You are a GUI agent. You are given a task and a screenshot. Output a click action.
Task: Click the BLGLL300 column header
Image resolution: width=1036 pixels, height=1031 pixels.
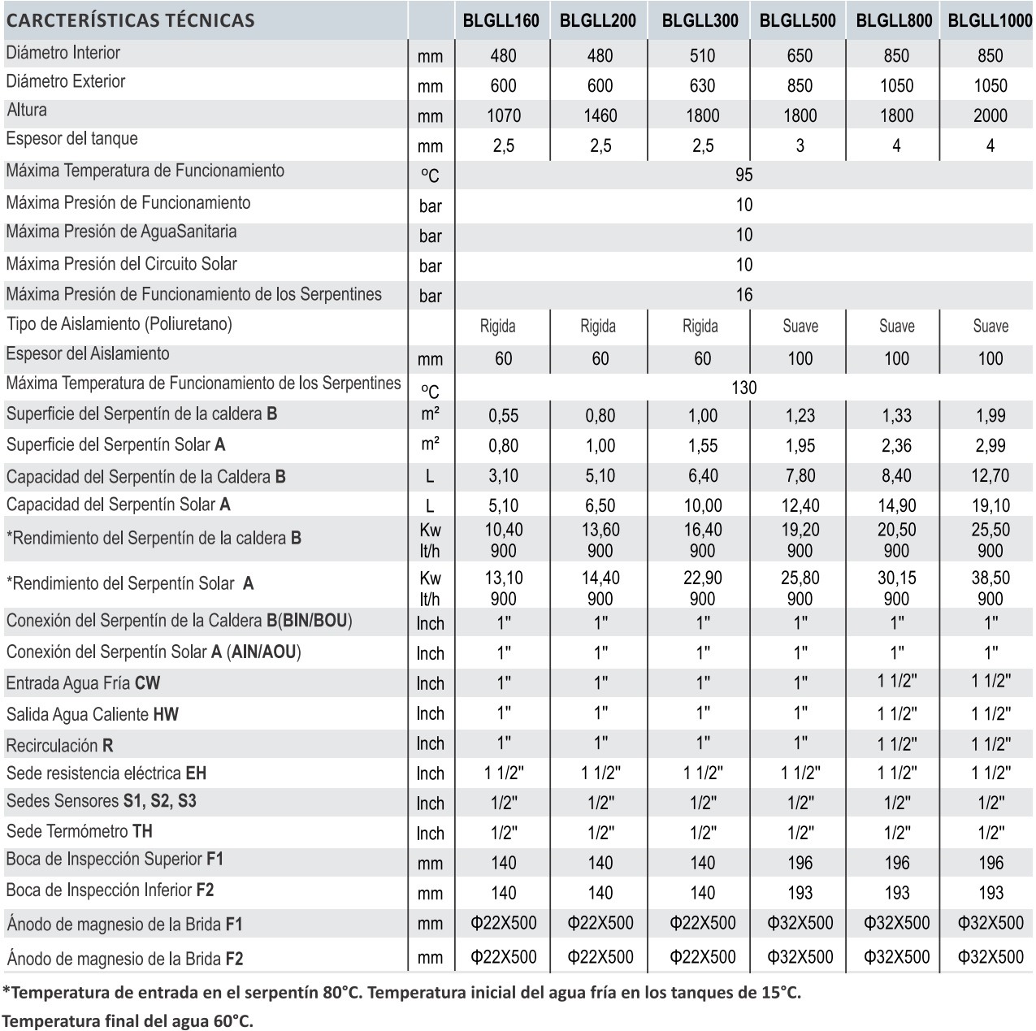point(700,21)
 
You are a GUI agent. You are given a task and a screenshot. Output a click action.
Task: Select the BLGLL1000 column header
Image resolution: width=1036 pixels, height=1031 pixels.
point(990,21)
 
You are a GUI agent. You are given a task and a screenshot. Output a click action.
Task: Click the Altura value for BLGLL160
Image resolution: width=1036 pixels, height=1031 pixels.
point(503,116)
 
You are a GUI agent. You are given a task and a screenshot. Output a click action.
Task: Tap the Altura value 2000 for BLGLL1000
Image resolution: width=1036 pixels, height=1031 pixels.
point(990,116)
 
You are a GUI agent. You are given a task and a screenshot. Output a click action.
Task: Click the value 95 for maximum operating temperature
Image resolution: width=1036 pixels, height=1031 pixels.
point(743,175)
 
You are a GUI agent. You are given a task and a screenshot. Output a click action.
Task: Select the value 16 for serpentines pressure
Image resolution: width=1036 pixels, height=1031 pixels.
point(743,295)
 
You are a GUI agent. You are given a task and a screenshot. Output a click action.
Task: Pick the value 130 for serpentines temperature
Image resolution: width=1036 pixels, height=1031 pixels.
point(743,388)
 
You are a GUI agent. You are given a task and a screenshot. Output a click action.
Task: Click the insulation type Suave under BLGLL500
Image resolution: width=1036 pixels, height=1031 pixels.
point(800,327)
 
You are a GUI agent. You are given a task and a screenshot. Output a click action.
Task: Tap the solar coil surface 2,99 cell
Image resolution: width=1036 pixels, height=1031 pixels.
point(990,445)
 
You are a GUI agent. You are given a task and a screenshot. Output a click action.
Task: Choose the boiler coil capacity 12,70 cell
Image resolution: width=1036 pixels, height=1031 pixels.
point(990,475)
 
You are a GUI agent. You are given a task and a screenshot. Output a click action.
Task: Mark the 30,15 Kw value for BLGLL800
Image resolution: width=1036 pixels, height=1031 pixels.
point(896,578)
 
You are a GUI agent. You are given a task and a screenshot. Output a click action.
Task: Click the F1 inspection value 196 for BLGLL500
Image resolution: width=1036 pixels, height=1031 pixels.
point(800,863)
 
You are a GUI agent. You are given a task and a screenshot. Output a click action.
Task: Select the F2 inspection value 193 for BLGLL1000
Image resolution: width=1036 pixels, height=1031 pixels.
point(990,893)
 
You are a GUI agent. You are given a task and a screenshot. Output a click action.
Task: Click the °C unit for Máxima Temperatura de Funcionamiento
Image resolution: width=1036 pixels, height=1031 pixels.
point(430,175)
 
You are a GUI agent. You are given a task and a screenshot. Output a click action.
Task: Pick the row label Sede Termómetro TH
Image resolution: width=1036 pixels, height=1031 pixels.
point(80,831)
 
